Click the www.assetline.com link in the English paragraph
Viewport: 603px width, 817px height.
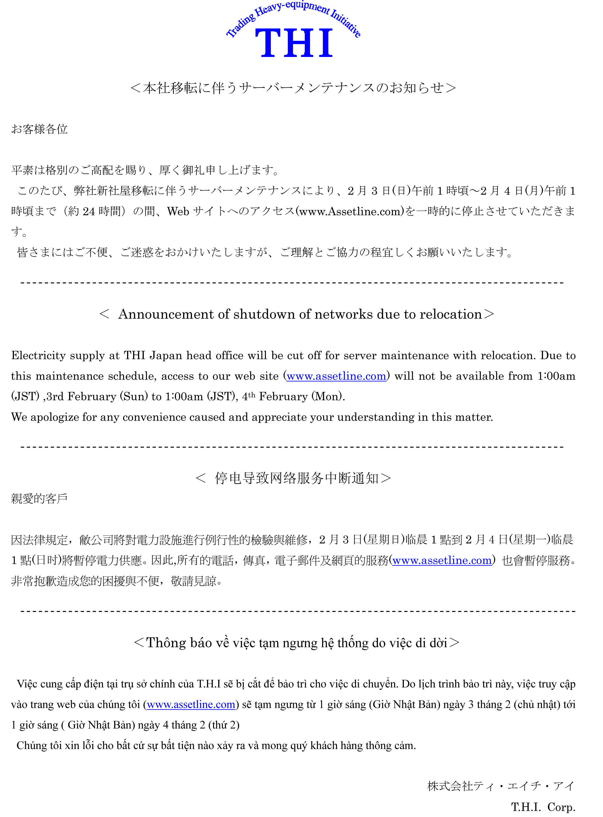(336, 376)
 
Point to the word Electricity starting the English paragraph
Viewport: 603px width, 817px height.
(38, 355)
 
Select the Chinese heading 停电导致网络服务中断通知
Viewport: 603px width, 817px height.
(297, 478)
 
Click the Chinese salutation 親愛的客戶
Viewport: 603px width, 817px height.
(39, 499)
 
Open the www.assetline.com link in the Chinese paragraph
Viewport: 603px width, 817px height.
(442, 560)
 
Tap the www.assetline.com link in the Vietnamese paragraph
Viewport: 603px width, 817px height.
(191, 704)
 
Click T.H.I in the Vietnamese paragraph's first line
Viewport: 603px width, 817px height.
(209, 684)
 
